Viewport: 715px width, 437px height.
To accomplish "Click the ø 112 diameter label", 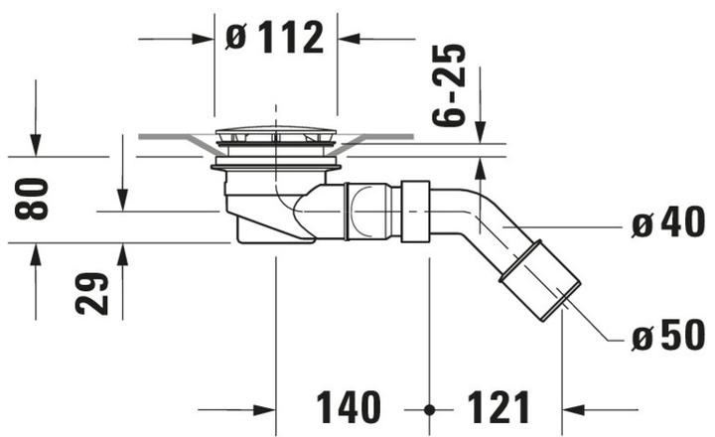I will [275, 39].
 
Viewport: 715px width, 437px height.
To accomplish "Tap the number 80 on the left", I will [34, 199].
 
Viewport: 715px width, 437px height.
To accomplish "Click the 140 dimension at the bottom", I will [349, 408].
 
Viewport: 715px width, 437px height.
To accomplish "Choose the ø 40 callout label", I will [667, 225].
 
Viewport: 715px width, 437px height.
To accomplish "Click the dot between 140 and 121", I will [429, 409].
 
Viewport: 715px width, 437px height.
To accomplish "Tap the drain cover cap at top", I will [276, 136].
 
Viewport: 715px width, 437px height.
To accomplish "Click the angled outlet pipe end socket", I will [540, 288].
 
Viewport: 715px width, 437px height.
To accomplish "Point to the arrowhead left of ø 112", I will [205, 39].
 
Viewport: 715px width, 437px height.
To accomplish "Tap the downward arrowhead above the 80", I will [35, 147].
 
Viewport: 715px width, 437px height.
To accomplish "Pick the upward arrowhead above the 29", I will [123, 252].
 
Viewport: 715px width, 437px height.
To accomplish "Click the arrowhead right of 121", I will [571, 409].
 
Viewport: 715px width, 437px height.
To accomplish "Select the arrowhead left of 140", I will [265, 409].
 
